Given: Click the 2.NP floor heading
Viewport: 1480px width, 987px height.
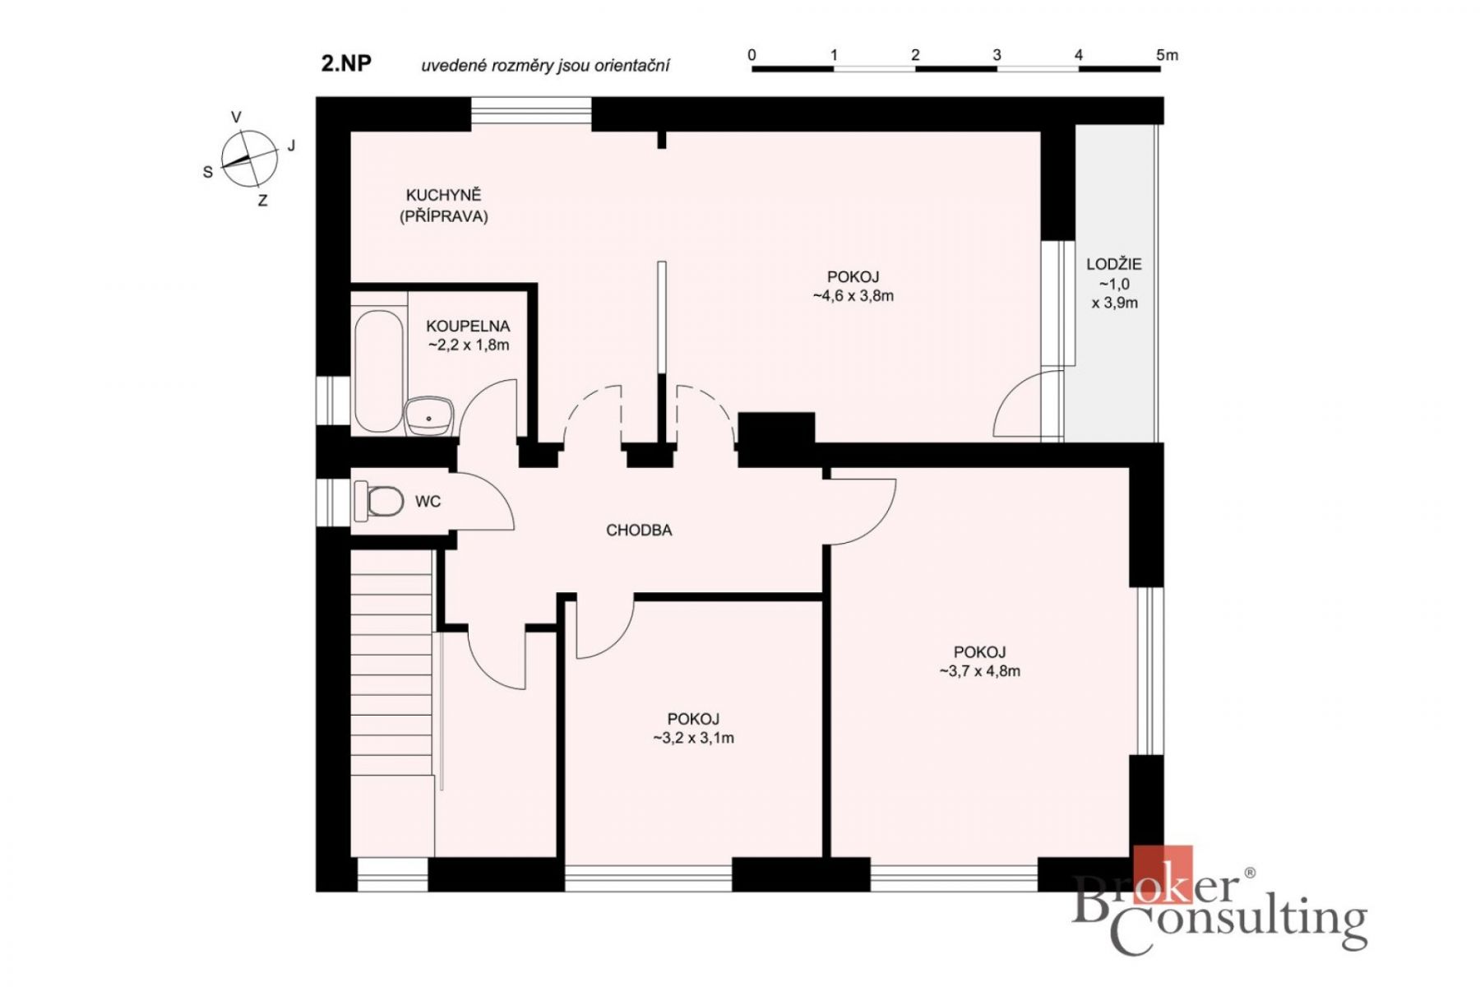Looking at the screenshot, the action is (346, 63).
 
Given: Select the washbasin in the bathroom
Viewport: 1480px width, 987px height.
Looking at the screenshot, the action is (429, 416).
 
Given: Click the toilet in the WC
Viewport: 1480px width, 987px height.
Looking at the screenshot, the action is (378, 501).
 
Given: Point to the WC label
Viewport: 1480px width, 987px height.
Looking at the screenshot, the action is (428, 502).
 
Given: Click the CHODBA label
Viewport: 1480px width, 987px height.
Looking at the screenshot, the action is (639, 531).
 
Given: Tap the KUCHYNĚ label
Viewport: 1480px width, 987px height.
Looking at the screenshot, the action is (443, 195).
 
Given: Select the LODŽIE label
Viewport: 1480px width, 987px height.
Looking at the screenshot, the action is (1114, 264).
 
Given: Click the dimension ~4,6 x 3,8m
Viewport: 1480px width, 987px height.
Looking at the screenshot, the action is (853, 296).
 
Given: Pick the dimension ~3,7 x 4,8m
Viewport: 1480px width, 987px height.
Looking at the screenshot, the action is (979, 671).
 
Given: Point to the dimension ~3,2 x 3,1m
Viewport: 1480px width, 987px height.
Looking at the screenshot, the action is (693, 739).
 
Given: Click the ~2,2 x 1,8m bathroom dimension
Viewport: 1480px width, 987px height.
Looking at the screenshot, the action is (469, 345).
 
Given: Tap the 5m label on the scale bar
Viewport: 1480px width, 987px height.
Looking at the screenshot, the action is (1167, 55).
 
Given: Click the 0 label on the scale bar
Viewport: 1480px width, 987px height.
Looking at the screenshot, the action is (752, 55).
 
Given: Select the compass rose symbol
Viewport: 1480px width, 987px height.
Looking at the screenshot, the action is (249, 158).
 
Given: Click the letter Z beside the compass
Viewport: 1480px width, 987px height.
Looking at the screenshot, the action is (262, 201).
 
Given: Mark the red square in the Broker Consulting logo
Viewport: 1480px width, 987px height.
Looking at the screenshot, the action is (1163, 874).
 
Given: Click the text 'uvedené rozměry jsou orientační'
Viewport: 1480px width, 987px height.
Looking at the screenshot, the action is (545, 66).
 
